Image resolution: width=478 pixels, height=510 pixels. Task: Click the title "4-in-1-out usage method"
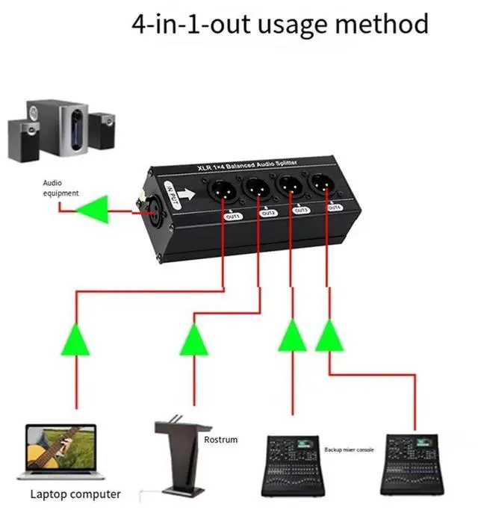(x=280, y=25)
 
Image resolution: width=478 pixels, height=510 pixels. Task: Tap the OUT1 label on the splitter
(x=233, y=216)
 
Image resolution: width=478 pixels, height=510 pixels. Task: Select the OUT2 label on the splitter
(x=269, y=213)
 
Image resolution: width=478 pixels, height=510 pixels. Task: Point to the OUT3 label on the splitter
(x=302, y=210)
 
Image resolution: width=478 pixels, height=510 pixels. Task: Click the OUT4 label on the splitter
(x=335, y=207)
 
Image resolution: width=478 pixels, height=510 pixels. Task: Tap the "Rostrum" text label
(x=220, y=440)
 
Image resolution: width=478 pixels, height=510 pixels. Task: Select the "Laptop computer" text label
(x=75, y=494)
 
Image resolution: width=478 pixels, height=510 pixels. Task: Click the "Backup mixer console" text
(x=348, y=450)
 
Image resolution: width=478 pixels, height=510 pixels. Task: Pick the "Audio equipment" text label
(x=60, y=187)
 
